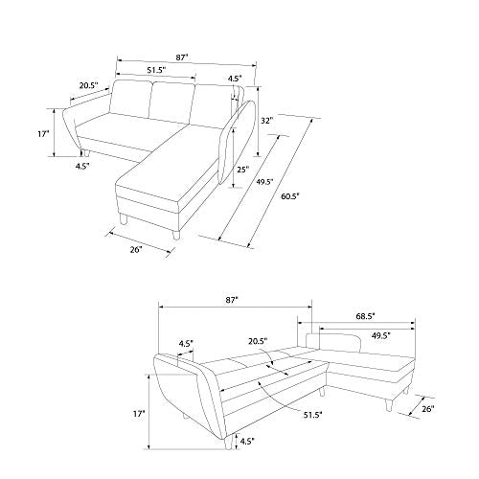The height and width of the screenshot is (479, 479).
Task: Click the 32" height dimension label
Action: pyautogui.click(x=267, y=121)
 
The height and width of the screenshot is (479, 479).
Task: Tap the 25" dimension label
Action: pyautogui.click(x=242, y=170)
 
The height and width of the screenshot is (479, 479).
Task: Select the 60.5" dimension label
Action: pyautogui.click(x=290, y=196)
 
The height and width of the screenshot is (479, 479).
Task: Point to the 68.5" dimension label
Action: pyautogui.click(x=365, y=316)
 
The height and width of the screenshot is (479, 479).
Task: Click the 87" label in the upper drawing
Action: pyautogui.click(x=182, y=57)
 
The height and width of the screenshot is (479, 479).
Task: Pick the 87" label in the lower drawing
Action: pyautogui.click(x=232, y=300)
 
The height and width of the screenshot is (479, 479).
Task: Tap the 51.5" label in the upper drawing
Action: pyautogui.click(x=156, y=70)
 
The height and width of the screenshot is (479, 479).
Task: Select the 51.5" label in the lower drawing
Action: pyautogui.click(x=313, y=415)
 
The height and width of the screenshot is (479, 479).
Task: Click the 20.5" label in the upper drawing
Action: pyautogui.click(x=89, y=85)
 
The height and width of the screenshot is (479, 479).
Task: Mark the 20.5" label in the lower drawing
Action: pyautogui.click(x=258, y=341)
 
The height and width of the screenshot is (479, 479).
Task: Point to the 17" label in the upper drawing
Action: pyautogui.click(x=43, y=134)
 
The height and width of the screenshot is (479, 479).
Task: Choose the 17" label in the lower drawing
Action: pyautogui.click(x=139, y=414)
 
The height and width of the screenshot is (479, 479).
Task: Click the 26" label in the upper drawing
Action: pyautogui.click(x=136, y=249)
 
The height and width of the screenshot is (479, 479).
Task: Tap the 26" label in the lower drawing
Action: pyautogui.click(x=428, y=409)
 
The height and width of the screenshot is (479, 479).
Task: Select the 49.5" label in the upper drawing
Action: pyautogui.click(x=264, y=182)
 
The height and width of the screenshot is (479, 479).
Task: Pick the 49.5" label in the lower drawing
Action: pyautogui.click(x=381, y=335)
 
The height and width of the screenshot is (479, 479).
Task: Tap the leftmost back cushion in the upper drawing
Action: pyautogui.click(x=131, y=98)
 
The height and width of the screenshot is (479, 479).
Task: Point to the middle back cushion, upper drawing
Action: pyautogui.click(x=171, y=103)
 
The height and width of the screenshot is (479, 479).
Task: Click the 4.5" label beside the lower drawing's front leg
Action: pyautogui.click(x=247, y=441)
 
